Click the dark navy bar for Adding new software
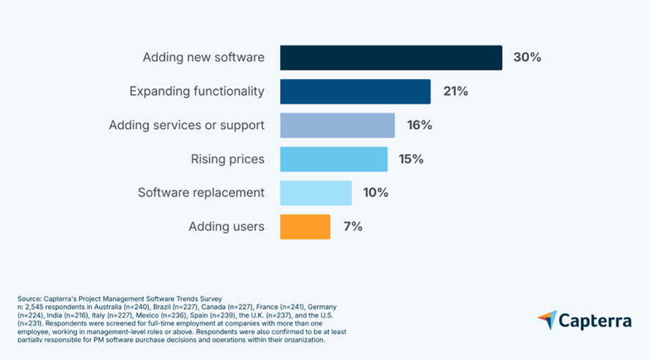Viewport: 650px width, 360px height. tap(391, 57)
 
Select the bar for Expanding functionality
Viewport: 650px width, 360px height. tap(355, 92)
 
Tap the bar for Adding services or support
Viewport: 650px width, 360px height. tap(337, 125)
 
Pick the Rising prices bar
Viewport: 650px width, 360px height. tap(333, 159)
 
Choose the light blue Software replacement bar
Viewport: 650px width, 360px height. tap(316, 193)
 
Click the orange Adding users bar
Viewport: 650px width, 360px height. tap(305, 227)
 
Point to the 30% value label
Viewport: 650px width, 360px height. tap(527, 57)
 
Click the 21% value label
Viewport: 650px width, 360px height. tap(455, 92)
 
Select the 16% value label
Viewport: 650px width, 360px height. tap(419, 125)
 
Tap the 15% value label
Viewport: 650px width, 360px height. tap(412, 159)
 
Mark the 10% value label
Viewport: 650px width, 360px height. tap(376, 193)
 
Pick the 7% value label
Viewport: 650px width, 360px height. tap(352, 227)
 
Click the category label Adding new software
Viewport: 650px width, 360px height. tap(203, 57)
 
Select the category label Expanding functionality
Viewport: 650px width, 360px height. tap(196, 92)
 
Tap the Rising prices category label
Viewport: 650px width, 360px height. tap(227, 159)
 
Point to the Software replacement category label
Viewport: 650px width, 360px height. tap(201, 193)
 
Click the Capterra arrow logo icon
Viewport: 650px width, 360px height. tap(547, 320)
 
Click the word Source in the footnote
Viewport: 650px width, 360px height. tap(27, 299)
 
